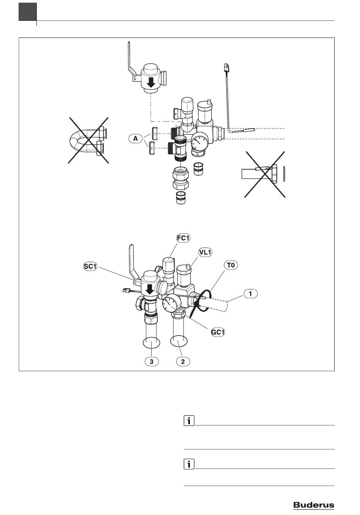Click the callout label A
point(136,138)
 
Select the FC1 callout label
point(183,238)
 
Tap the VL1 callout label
point(205,252)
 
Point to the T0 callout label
point(231,265)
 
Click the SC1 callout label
point(90,267)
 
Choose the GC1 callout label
point(218,332)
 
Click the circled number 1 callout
point(250,294)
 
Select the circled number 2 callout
point(183,362)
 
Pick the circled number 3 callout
point(152,362)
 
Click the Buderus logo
point(314,505)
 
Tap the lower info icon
point(189,464)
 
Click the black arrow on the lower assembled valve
point(150,289)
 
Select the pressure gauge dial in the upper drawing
point(200,140)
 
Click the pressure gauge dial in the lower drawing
point(169,305)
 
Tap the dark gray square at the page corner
point(28,12)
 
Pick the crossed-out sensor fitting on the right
point(265,174)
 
